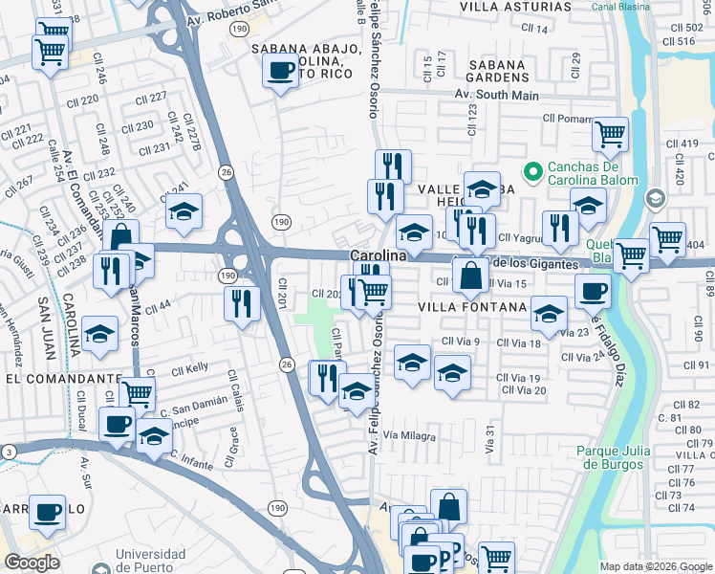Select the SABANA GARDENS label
click(485, 69)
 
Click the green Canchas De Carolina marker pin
click(533, 169)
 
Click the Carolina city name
click(379, 256)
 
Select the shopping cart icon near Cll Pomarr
click(610, 134)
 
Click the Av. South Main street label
click(492, 94)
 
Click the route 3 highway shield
click(8, 450)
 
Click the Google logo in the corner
click(32, 563)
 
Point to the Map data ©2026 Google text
click(656, 566)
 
